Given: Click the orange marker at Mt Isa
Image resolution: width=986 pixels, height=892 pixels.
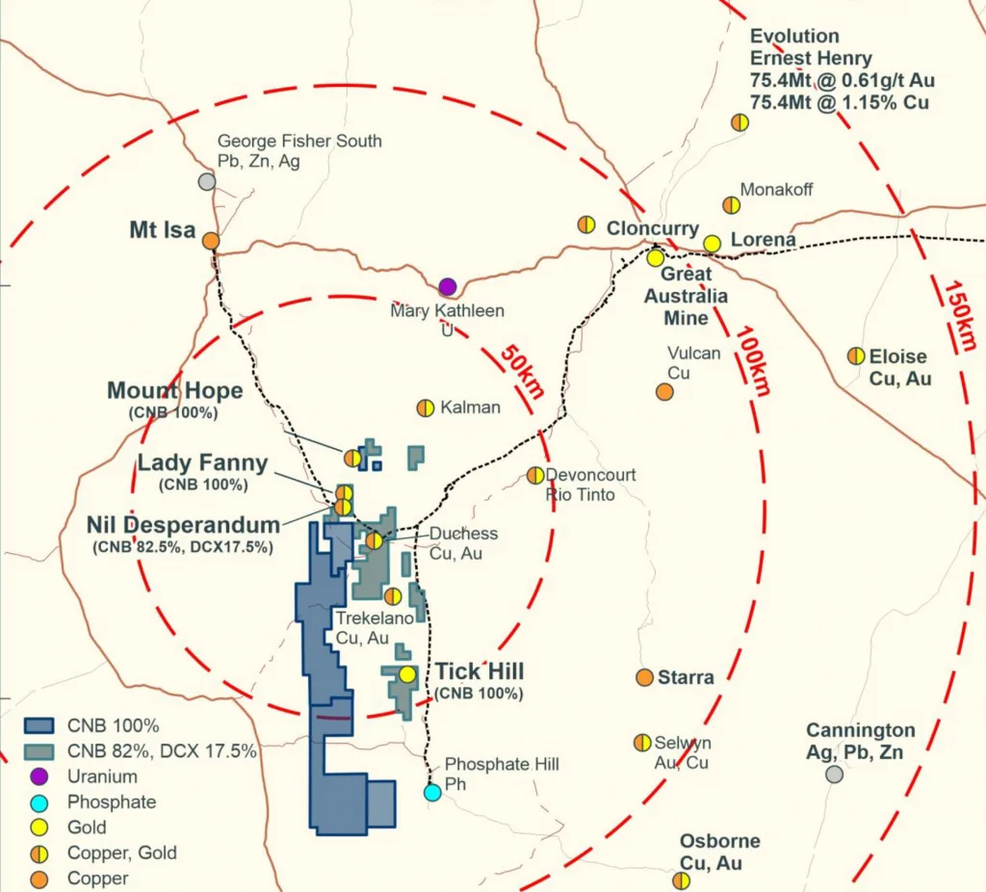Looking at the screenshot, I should (x=210, y=242).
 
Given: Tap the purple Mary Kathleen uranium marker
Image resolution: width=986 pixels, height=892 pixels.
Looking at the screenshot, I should (x=447, y=286).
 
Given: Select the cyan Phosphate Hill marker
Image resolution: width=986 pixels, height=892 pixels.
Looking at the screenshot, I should (x=432, y=792).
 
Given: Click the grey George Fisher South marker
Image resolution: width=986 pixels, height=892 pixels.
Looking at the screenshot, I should (x=206, y=181).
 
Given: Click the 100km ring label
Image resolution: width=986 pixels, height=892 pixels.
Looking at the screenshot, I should (x=753, y=360).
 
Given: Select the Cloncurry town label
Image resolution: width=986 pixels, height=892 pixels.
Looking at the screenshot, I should (x=652, y=229).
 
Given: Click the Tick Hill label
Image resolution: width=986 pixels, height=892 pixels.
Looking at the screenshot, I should (x=480, y=671).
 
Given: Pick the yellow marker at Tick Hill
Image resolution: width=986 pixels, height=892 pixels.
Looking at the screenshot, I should (x=407, y=674).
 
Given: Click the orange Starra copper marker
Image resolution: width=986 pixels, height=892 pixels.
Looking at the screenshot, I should (x=644, y=677).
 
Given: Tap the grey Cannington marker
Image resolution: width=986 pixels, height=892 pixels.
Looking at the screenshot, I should (x=835, y=774).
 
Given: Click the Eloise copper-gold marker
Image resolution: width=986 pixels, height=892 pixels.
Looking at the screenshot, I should (x=855, y=355).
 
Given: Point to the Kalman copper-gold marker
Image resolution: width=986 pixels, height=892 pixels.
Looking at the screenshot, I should (x=425, y=407).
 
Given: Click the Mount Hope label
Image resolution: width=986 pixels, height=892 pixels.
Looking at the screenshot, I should (x=174, y=391).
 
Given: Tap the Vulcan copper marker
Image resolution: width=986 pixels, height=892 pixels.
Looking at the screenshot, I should (x=664, y=391).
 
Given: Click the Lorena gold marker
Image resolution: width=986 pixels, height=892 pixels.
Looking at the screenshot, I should (x=712, y=243).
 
